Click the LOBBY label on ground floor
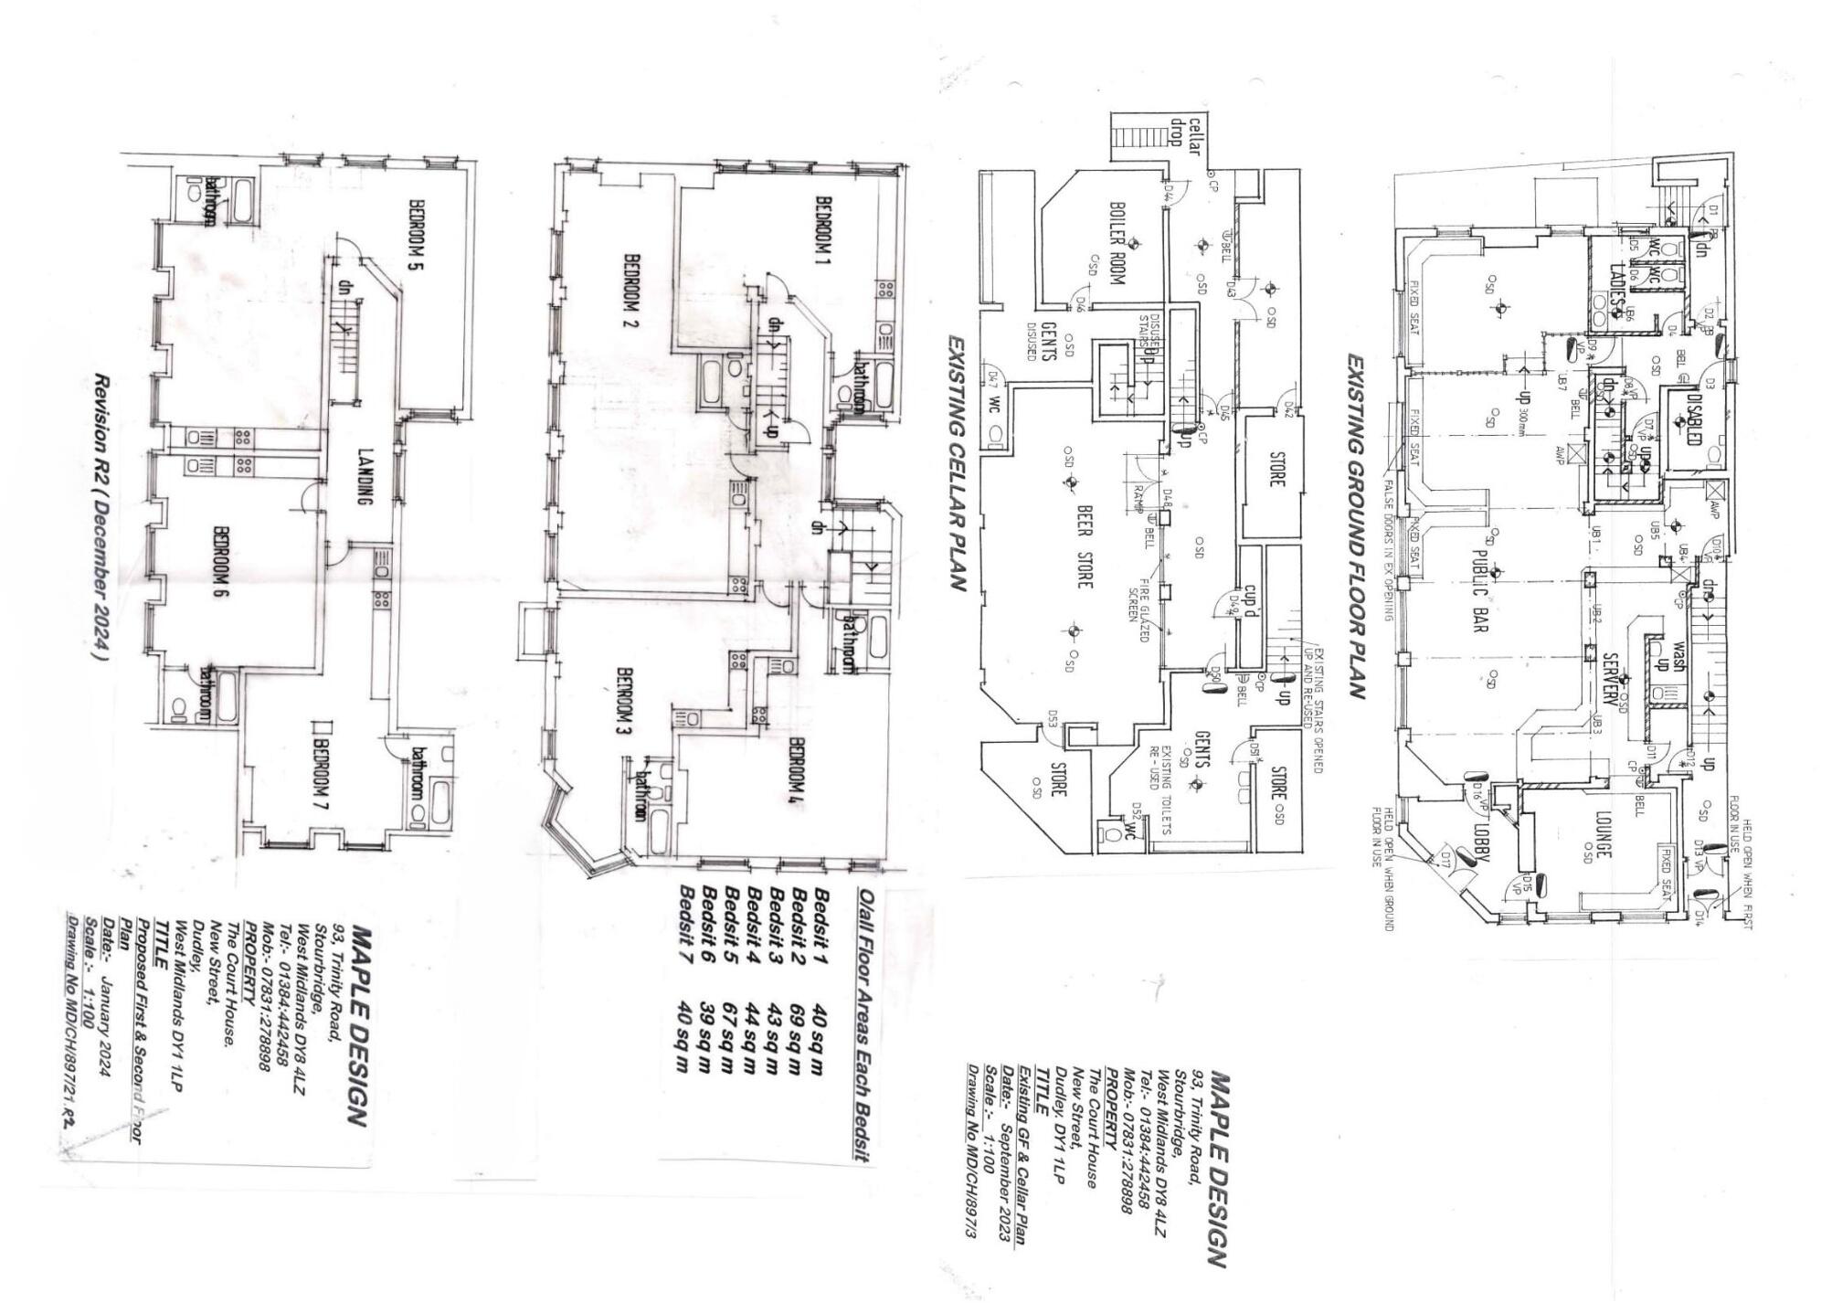coord(1481,841)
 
